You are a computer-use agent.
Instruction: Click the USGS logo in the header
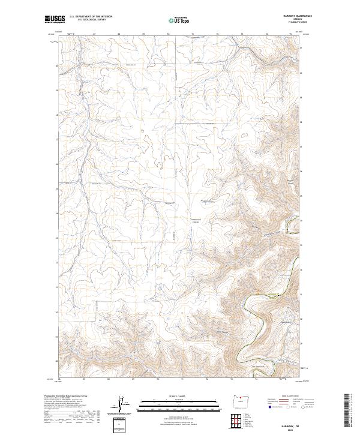click(55, 20)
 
